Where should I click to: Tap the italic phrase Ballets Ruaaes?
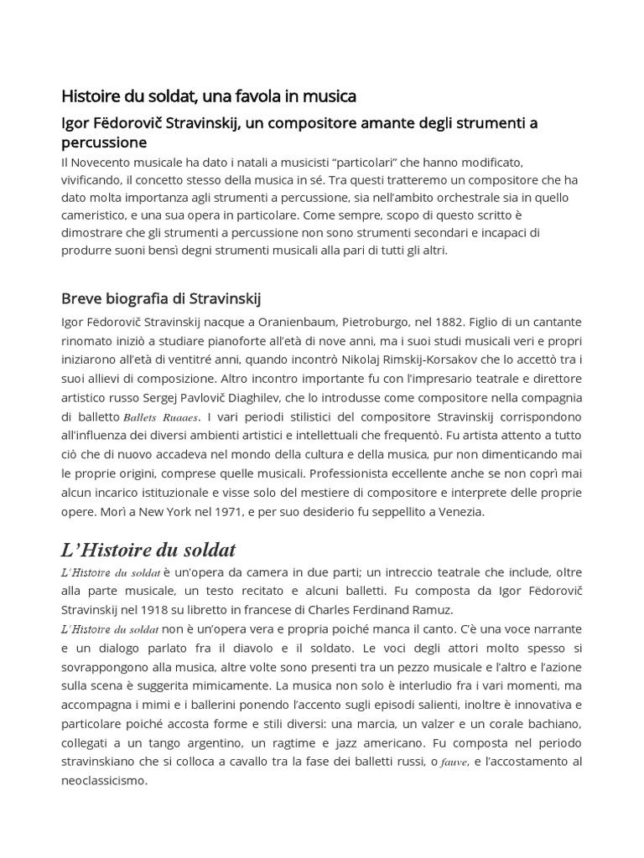161,416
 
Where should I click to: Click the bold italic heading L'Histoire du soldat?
148,550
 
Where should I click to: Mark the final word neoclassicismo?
105,780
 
